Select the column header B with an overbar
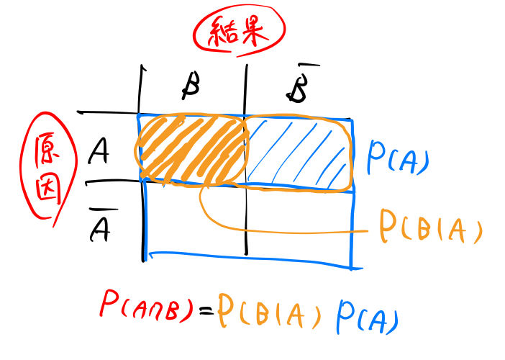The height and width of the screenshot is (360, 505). (x=297, y=86)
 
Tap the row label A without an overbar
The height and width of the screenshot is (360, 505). (x=99, y=152)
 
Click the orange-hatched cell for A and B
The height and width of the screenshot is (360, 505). (x=191, y=148)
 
